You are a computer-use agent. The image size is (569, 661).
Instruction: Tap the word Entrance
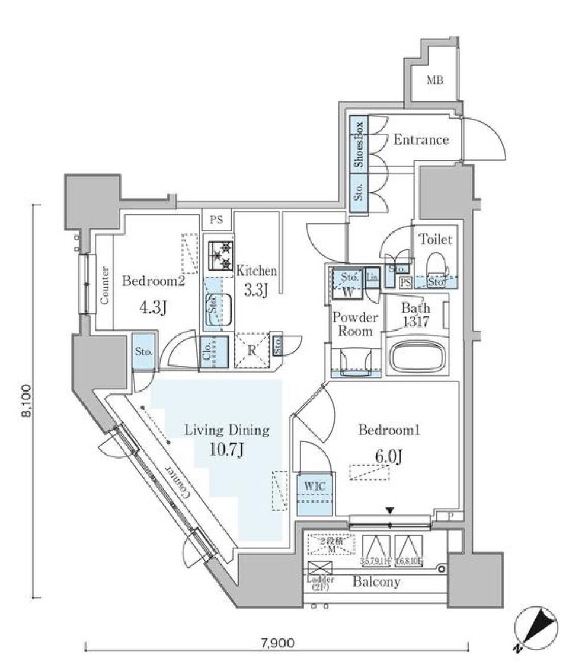(421, 140)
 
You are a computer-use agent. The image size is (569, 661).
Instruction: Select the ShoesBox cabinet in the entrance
(359, 145)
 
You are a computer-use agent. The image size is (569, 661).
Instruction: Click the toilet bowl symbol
(435, 264)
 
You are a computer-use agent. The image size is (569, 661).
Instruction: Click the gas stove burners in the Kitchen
(220, 257)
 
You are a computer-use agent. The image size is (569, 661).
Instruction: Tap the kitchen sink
(219, 310)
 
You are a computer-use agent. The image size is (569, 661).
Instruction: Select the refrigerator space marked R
(252, 350)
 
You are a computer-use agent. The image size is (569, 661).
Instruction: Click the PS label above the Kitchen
(216, 220)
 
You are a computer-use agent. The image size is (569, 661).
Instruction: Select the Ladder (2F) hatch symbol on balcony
(320, 567)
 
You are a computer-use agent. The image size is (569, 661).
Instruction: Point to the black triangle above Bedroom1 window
(389, 510)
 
